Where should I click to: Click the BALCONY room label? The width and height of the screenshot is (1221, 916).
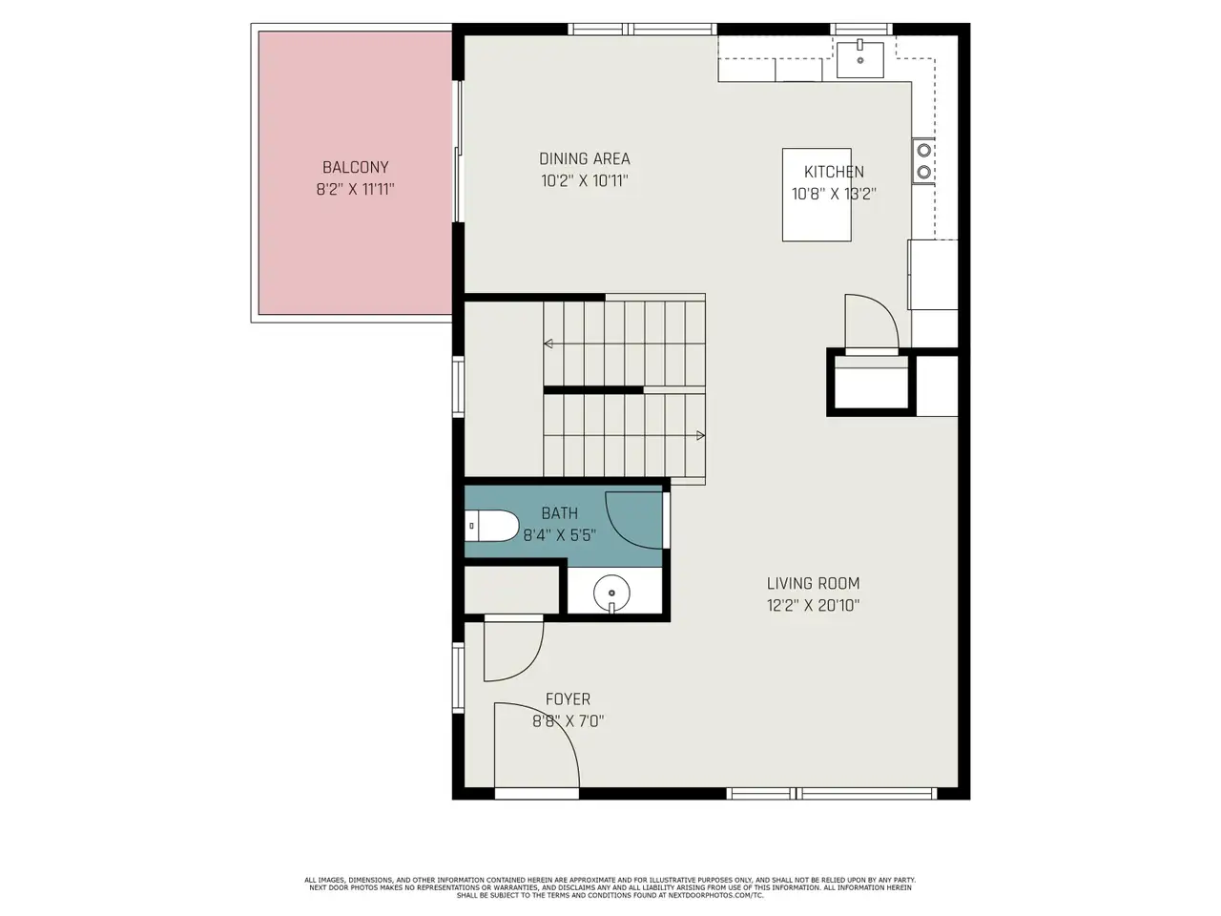click(x=355, y=167)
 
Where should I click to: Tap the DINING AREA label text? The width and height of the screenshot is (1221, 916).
click(x=584, y=158)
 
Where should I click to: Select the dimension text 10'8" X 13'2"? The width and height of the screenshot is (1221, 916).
click(x=834, y=194)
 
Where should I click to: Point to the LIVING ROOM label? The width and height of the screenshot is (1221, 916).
click(x=813, y=583)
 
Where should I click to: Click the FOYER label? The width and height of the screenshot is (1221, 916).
click(x=568, y=698)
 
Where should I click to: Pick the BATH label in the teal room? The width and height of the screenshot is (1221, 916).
click(x=559, y=512)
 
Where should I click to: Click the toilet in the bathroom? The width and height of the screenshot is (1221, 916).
click(x=491, y=525)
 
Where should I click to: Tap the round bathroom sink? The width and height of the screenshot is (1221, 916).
click(x=611, y=593)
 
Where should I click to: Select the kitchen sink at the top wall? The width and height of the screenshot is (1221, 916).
click(x=859, y=59)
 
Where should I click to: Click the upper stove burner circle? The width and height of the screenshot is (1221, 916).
click(x=923, y=150)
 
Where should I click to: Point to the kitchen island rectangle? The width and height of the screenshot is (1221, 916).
click(x=816, y=195)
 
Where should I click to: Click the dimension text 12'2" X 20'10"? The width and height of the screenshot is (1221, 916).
click(x=813, y=605)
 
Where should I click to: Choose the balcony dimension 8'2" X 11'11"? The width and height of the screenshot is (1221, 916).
click(x=355, y=189)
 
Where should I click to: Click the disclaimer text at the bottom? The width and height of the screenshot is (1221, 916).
click(x=610, y=887)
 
